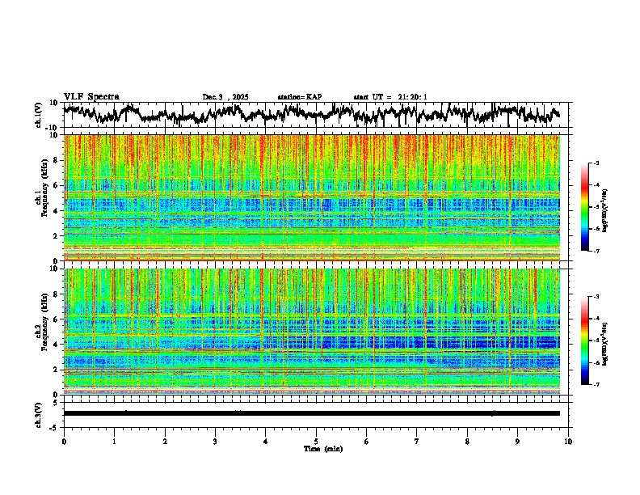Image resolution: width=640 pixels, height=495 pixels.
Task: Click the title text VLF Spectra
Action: pos(91,96)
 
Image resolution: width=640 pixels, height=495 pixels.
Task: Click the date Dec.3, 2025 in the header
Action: pos(225,97)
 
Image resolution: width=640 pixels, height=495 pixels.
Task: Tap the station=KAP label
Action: pos(299,97)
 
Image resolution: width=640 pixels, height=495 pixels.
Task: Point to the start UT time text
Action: pos(390,97)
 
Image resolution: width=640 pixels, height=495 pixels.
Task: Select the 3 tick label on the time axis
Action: pos(215,441)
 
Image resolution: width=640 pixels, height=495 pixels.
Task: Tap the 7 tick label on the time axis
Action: pos(417,441)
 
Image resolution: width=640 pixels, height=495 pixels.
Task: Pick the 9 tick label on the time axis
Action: pos(518,441)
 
